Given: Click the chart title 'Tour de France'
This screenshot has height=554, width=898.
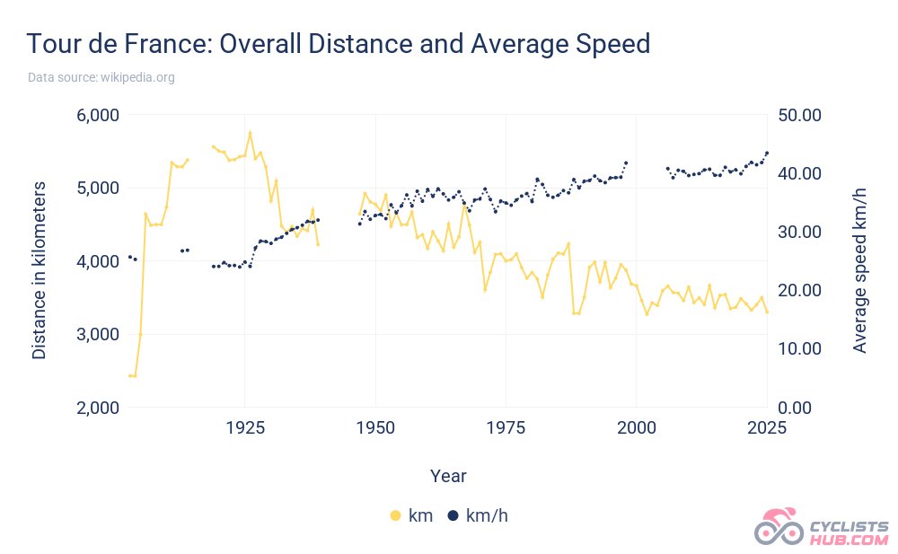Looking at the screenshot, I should (x=338, y=43).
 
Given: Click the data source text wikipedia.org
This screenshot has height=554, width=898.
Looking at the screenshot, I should (x=101, y=78).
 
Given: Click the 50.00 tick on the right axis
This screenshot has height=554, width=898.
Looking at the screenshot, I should (x=800, y=116).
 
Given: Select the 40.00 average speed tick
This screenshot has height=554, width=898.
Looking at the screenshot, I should (x=800, y=174).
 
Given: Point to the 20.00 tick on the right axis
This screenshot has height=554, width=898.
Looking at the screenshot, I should (x=800, y=290).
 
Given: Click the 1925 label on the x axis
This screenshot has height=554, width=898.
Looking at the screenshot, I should (x=245, y=427).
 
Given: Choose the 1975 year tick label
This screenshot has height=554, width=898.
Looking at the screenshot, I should (x=506, y=427).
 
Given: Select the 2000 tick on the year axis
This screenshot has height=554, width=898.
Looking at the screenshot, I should (x=636, y=427).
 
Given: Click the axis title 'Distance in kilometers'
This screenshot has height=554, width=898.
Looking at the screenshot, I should (x=40, y=269).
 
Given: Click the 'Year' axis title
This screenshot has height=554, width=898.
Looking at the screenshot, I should (x=447, y=475).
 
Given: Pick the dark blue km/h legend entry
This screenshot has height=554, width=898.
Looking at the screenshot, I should (x=479, y=515).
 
